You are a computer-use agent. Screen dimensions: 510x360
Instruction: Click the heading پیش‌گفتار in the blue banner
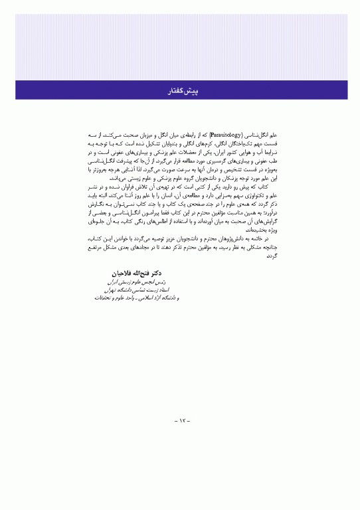180,89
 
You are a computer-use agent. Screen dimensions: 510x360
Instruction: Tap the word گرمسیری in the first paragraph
196,160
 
